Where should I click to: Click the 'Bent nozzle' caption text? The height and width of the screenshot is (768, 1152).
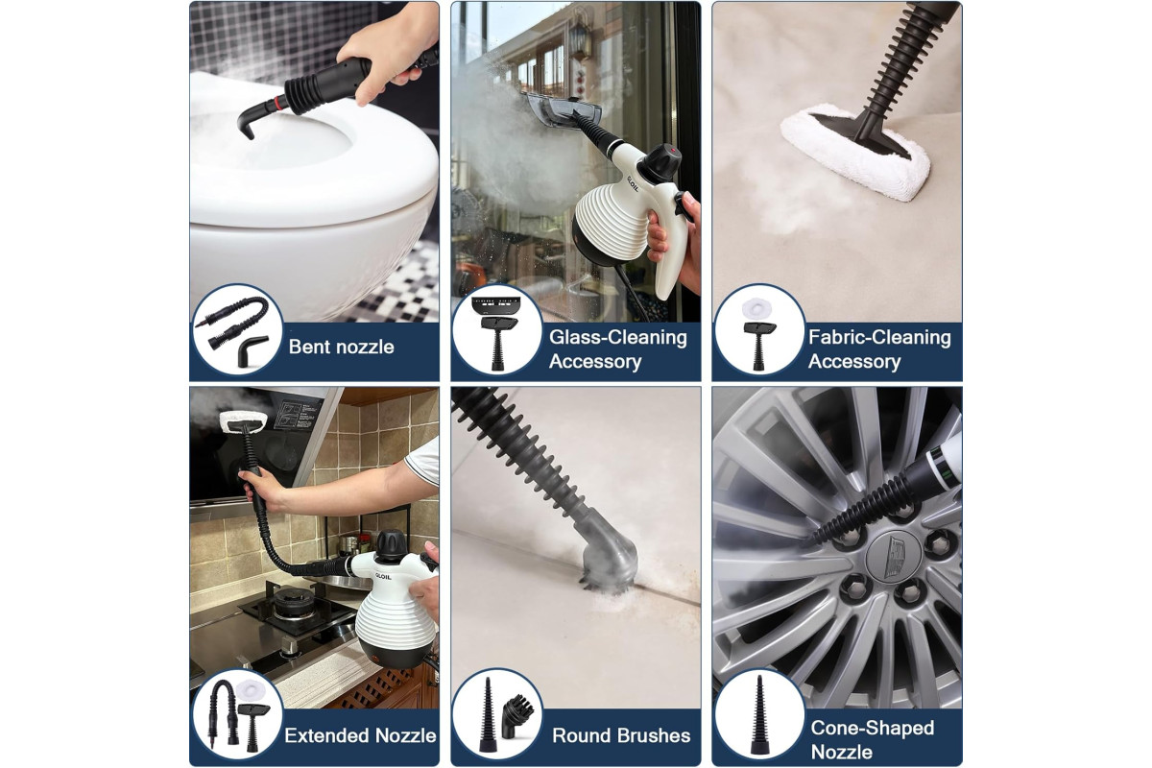pyautogui.click(x=341, y=347)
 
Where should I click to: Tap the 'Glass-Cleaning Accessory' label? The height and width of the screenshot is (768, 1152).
pyautogui.click(x=617, y=349)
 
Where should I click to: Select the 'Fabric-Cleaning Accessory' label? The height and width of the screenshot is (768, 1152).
pyautogui.click(x=879, y=349)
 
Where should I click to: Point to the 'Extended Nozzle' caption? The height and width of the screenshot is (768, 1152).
pyautogui.click(x=360, y=735)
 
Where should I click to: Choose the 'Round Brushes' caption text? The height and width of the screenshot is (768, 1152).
pyautogui.click(x=621, y=735)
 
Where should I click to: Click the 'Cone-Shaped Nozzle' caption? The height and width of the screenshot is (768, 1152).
pyautogui.click(x=873, y=740)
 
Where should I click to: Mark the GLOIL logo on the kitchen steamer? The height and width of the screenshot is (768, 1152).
pyautogui.click(x=383, y=577)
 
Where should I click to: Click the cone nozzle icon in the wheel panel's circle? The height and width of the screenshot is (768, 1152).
pyautogui.click(x=759, y=715)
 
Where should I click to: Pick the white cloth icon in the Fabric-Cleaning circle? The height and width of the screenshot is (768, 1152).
pyautogui.click(x=757, y=310)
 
